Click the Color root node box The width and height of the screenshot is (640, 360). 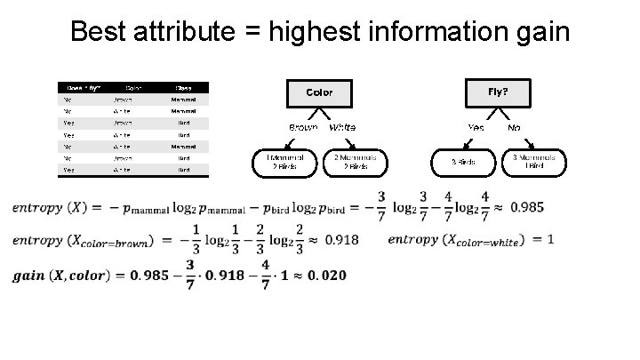click(x=319, y=92)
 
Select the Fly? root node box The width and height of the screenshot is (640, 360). click(x=499, y=92)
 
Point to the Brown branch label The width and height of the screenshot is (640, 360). click(x=302, y=128)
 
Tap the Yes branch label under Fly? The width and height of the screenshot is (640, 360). click(x=476, y=128)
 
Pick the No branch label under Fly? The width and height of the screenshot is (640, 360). click(x=514, y=128)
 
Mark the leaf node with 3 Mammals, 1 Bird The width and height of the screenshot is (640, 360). click(x=534, y=161)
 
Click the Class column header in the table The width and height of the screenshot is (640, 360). click(x=182, y=88)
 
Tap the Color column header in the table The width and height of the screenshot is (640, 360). click(x=133, y=88)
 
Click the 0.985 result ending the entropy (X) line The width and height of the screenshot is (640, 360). click(x=525, y=207)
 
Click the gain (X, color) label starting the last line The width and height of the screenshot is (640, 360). click(x=59, y=275)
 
